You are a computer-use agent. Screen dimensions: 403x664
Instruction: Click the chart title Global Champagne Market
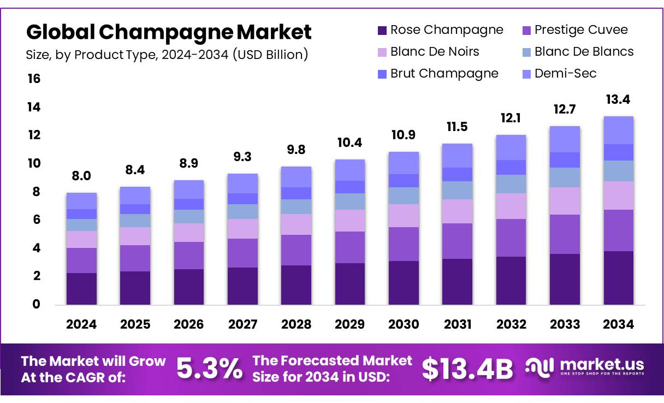169,32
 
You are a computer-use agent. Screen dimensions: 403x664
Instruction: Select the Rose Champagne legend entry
440,29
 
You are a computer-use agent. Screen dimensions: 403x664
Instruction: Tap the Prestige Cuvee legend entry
575,29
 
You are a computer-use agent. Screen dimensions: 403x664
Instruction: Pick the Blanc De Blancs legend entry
578,51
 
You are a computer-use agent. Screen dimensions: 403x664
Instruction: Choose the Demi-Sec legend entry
559,73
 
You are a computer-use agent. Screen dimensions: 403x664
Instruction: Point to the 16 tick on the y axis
34,79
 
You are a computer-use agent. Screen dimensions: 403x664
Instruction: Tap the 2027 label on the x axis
242,324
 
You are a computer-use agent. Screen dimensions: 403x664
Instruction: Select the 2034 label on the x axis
618,324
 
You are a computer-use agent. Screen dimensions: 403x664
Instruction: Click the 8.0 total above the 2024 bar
81,175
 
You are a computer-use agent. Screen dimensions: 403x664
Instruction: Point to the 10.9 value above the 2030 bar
404,134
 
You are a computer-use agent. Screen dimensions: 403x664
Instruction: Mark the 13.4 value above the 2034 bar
619,99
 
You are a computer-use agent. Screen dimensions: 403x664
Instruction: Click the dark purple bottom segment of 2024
81,288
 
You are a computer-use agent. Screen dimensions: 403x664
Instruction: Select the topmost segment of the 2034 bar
619,130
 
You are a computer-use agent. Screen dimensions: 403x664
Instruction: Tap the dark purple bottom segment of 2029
350,283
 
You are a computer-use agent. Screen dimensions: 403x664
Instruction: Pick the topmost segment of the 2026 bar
189,189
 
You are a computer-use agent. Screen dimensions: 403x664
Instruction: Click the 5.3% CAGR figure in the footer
210,369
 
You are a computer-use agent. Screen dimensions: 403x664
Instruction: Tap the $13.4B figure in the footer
467,369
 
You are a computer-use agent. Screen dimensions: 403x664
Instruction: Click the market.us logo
584,367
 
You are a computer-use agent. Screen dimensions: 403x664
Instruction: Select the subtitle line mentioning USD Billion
167,55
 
